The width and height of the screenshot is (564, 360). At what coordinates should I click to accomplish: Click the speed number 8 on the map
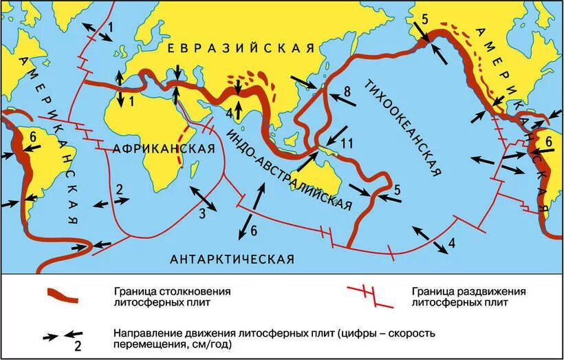(347, 91)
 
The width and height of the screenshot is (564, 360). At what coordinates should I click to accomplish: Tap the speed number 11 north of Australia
(347, 144)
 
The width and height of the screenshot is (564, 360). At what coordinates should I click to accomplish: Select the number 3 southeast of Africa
(202, 213)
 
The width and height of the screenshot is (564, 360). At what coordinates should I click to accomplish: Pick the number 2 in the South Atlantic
(119, 189)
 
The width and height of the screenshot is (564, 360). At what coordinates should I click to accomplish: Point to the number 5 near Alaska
(425, 19)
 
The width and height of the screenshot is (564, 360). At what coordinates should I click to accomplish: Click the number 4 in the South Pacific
(451, 242)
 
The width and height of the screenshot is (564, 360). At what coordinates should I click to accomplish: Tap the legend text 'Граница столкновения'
(172, 290)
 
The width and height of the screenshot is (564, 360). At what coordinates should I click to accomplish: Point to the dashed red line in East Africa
(182, 145)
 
